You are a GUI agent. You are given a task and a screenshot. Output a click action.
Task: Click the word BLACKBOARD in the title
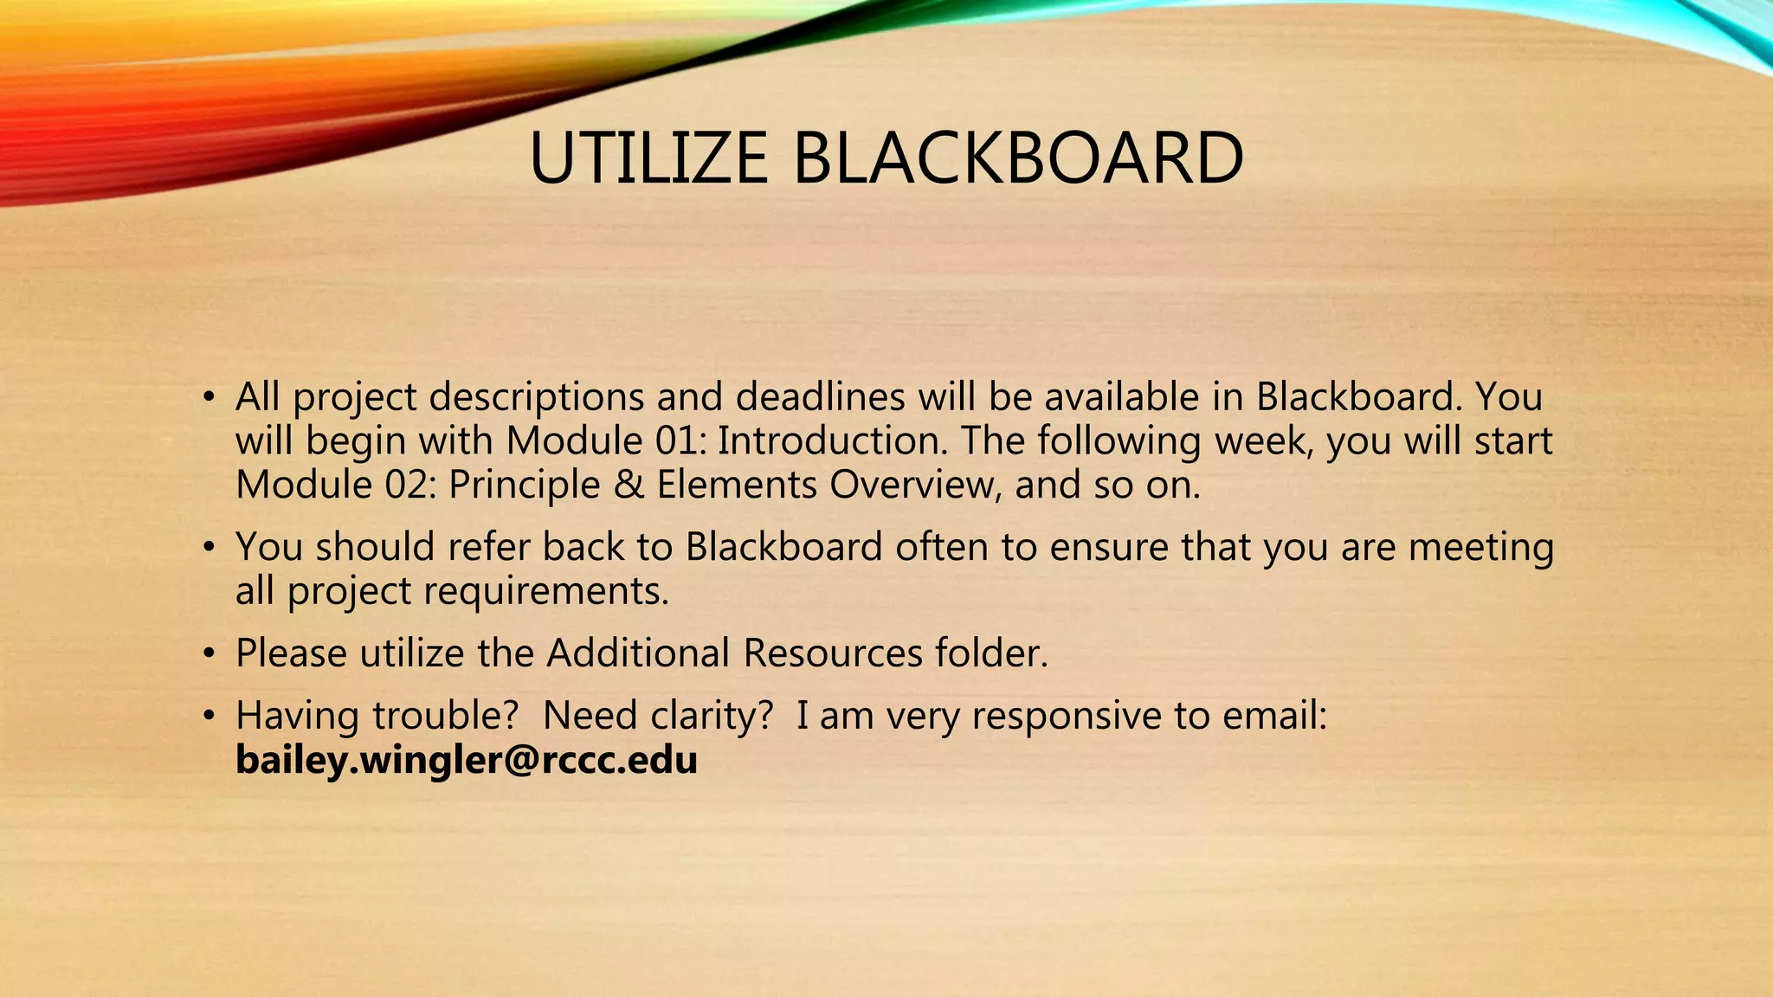pos(1018,158)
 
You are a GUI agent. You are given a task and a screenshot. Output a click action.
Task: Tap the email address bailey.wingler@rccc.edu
pos(466,760)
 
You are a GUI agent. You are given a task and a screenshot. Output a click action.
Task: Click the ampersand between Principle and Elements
pos(629,485)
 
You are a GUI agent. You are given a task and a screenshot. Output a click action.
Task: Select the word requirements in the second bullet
pos(546,591)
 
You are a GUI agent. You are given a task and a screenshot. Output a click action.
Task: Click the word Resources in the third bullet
pos(833,653)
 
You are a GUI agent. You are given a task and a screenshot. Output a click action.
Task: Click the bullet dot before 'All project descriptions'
pos(208,398)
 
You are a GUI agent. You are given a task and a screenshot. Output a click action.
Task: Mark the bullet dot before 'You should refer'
pos(208,548)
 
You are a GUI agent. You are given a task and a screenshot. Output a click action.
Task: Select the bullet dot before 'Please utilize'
pos(208,653)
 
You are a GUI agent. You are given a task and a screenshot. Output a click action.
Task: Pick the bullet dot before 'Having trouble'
pos(208,717)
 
